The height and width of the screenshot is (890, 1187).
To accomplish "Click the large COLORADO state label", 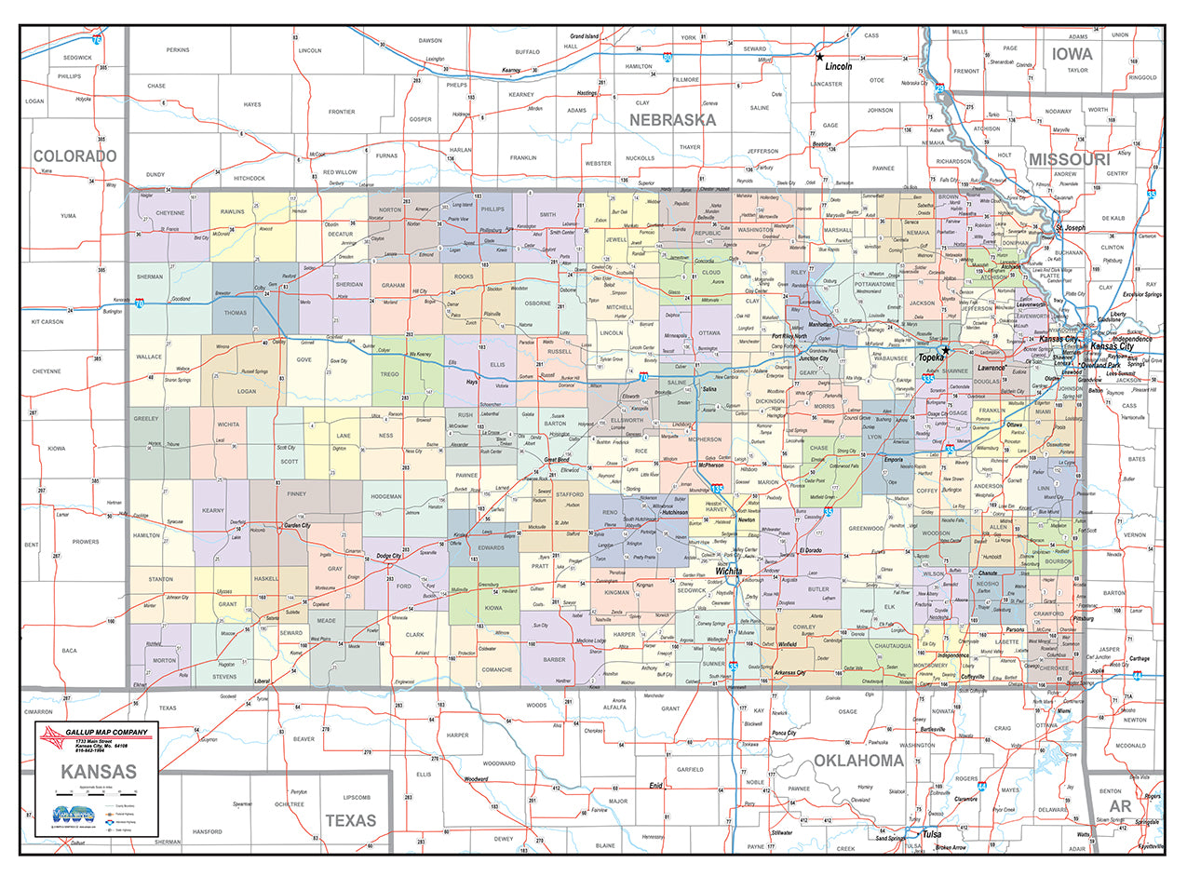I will click(x=74, y=155).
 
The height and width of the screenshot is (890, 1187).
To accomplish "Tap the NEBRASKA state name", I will click(x=672, y=120).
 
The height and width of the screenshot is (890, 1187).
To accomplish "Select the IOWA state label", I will click(x=1072, y=54).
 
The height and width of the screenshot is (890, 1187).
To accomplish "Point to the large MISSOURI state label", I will click(x=1069, y=160).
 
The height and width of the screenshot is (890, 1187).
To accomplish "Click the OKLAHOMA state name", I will click(x=858, y=761).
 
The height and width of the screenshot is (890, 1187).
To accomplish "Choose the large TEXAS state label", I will click(x=350, y=820).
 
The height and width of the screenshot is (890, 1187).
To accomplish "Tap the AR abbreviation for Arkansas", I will click(x=1120, y=805).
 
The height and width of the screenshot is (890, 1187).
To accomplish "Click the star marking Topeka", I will click(x=945, y=351).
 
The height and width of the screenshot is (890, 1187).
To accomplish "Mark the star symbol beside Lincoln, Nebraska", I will click(x=819, y=57).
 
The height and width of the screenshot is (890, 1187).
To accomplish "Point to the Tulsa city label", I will click(x=932, y=834).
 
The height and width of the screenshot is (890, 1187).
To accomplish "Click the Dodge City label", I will click(x=388, y=556).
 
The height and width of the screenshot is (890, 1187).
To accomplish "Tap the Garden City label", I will click(x=296, y=526).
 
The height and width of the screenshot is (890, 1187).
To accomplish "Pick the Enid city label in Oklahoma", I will click(x=656, y=786).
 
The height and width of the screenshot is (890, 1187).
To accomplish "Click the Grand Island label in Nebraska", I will click(x=584, y=36).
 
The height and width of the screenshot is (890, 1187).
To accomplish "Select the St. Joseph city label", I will click(x=1070, y=228).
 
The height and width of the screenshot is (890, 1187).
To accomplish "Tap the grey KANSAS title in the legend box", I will click(x=99, y=772).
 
